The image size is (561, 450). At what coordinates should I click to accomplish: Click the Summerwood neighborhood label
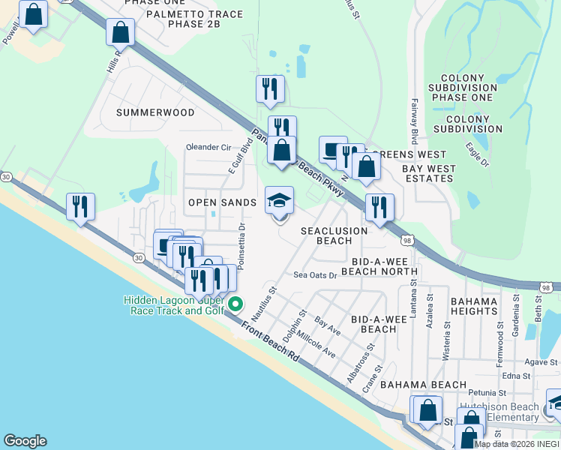tap(155, 112)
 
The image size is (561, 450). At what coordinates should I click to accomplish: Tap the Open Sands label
tap(222, 202)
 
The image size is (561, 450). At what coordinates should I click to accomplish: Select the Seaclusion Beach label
tap(326, 235)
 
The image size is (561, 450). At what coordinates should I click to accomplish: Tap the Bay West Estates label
tap(428, 174)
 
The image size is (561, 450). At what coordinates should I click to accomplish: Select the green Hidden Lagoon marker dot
tap(235, 304)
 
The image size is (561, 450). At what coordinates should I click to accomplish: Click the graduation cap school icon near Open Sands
tap(280, 201)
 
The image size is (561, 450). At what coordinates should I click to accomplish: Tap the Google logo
tap(24, 441)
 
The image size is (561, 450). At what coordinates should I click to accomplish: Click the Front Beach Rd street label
tap(271, 342)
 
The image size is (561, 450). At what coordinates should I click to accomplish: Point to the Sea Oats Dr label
tap(315, 275)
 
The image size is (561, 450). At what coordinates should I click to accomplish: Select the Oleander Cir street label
tap(208, 147)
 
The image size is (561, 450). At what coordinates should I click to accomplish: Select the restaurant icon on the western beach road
tap(80, 206)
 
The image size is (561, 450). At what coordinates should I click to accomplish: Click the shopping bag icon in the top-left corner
tap(33, 14)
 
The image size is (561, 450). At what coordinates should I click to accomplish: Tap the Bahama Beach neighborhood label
tap(413, 385)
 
